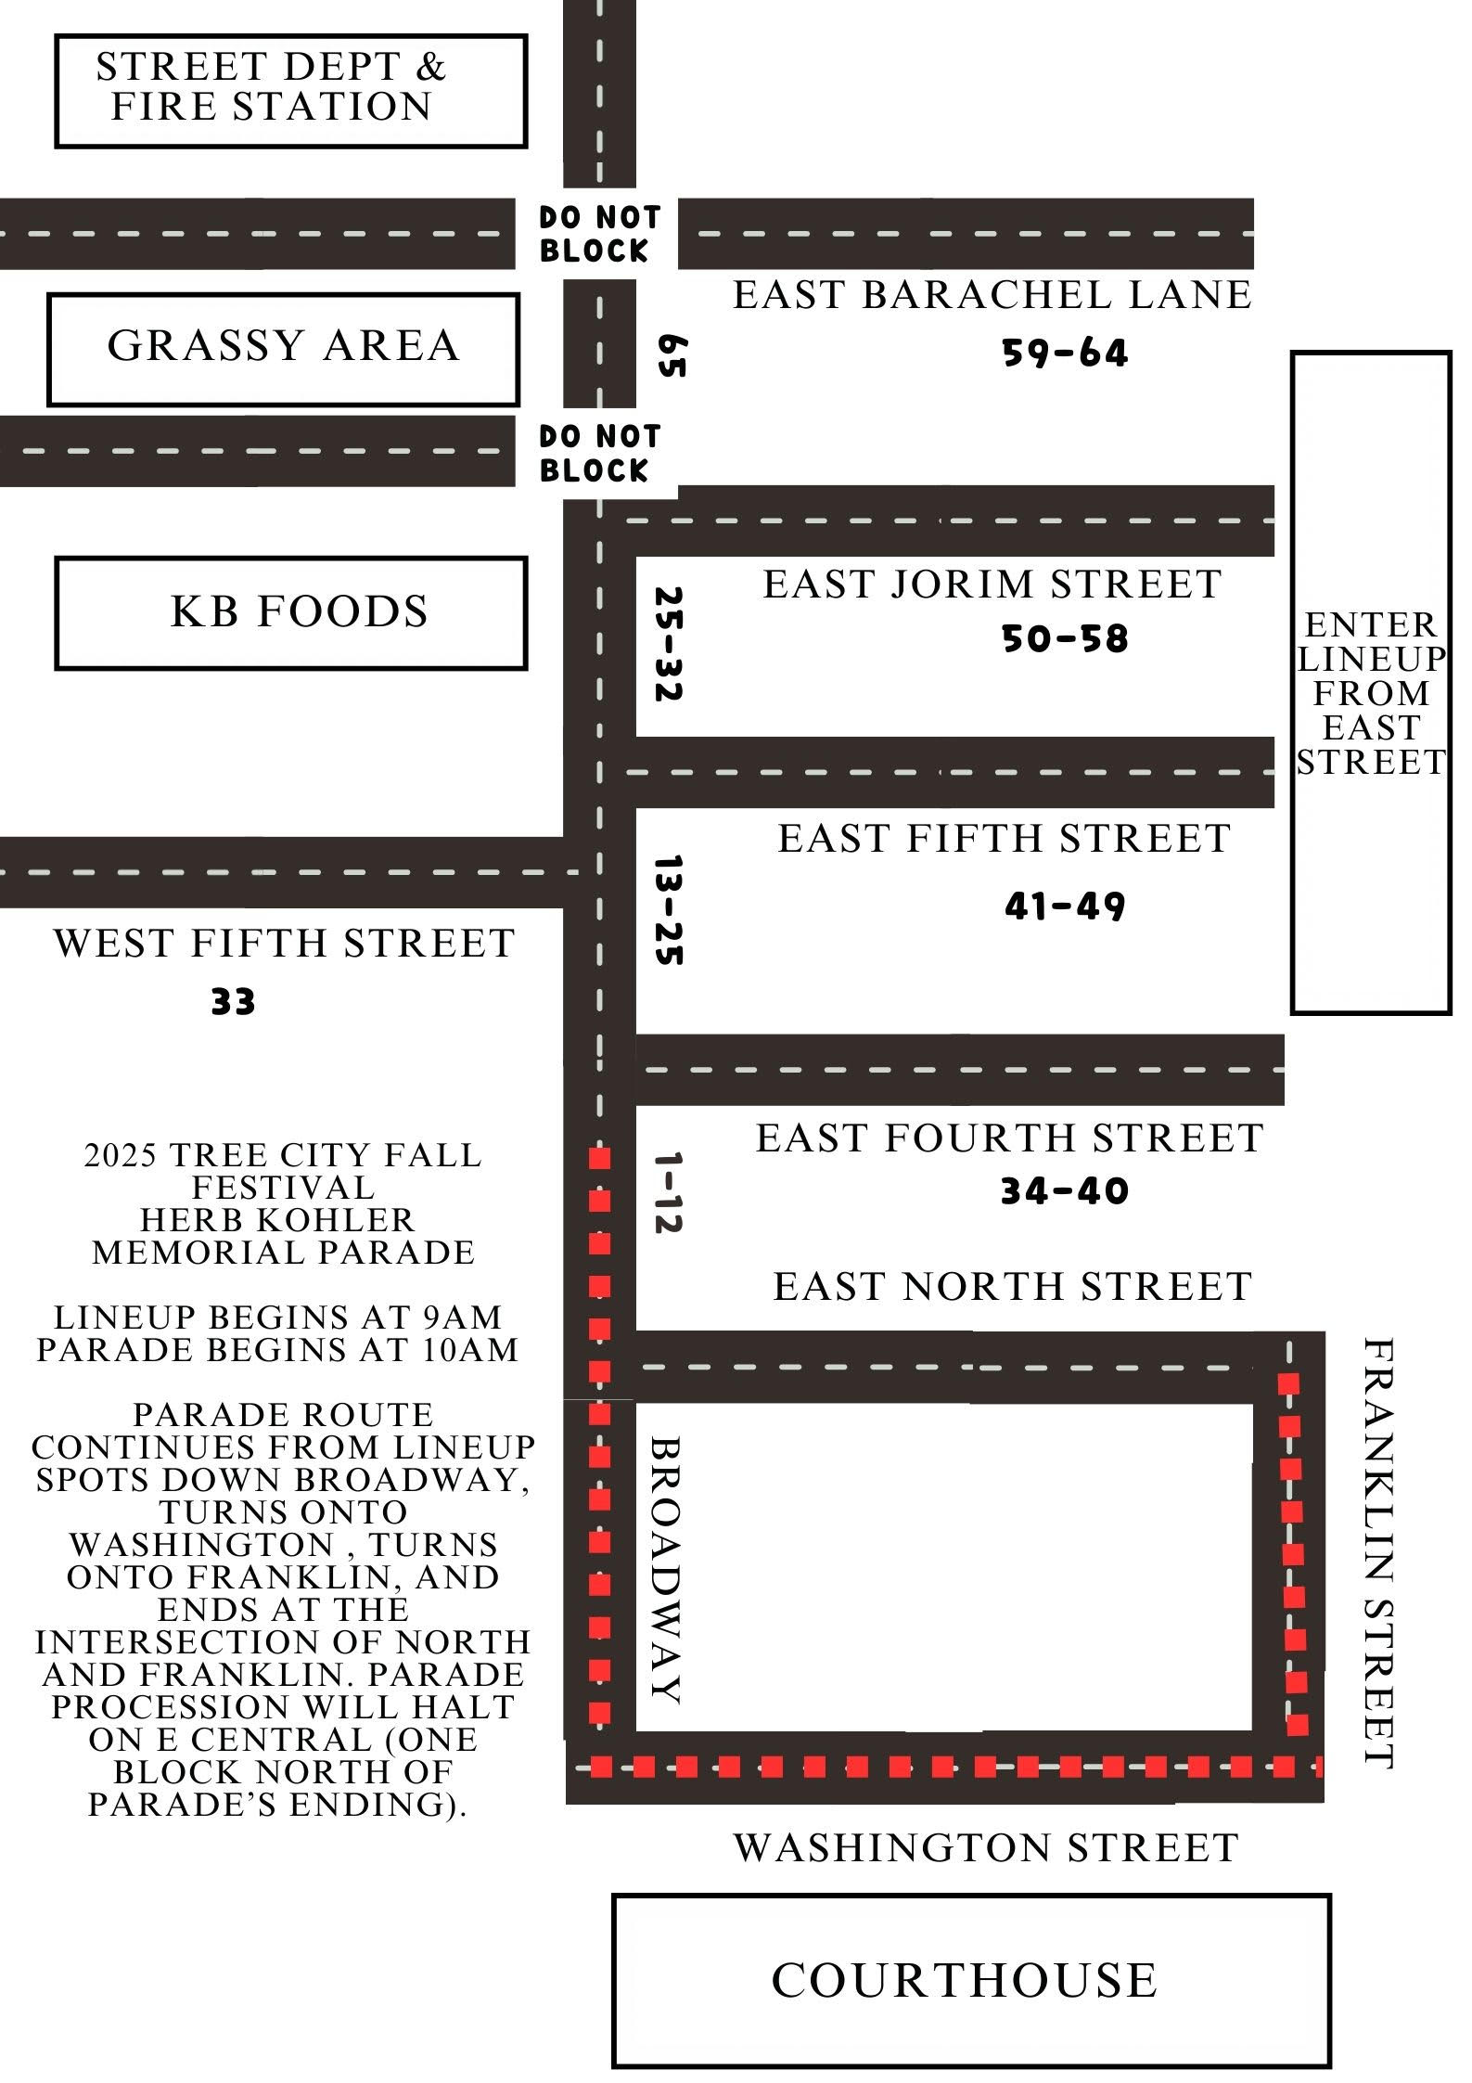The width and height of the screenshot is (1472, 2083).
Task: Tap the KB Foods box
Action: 291,612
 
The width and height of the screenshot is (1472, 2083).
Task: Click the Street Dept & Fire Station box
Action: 291,90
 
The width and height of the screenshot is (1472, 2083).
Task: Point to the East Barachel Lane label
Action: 992,295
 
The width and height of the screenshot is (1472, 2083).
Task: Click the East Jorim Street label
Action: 992,585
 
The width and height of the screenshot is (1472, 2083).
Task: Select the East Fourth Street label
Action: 1009,1138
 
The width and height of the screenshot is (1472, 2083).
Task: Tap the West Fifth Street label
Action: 284,944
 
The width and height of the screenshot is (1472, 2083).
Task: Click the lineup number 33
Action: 233,1002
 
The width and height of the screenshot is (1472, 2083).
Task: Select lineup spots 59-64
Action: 1065,354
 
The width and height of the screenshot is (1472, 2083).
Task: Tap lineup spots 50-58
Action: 1065,639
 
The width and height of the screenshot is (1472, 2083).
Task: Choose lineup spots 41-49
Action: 1065,906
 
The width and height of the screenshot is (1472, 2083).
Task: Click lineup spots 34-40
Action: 1065,1191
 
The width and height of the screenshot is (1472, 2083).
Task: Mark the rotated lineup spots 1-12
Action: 667,1192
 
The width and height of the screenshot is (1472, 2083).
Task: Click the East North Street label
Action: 1013,1287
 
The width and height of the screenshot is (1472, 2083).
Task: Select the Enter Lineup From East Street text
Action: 1371,693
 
